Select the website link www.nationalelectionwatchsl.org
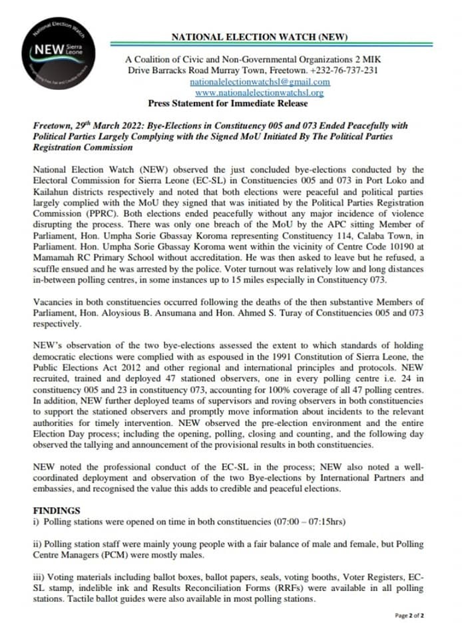click(260, 92)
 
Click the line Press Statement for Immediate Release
click(228, 103)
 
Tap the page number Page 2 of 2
click(409, 616)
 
